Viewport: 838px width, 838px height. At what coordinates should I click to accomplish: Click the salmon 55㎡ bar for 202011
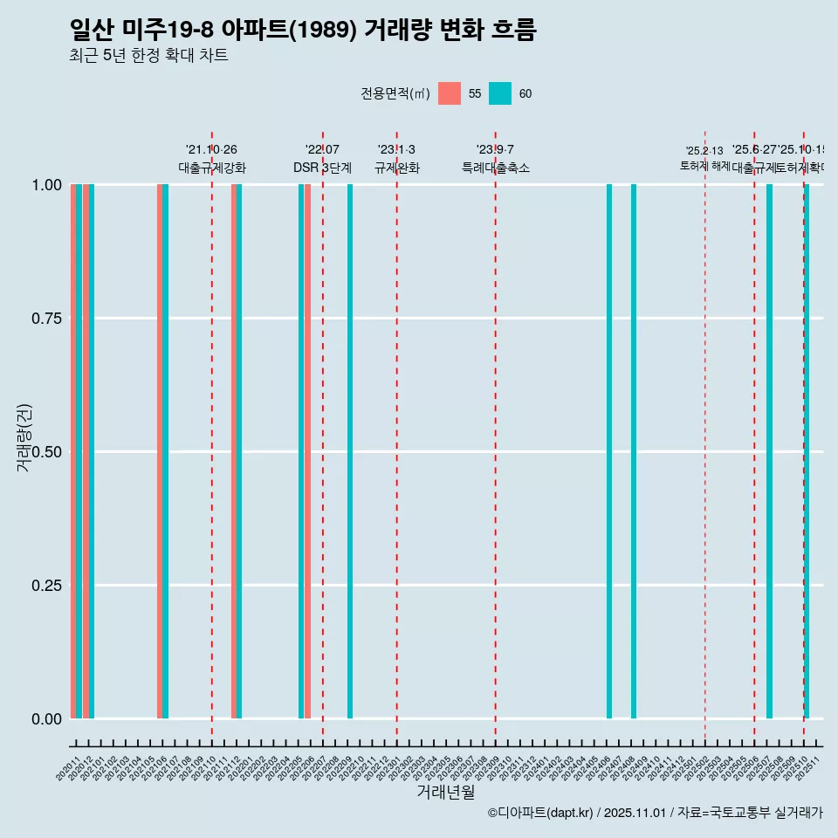tap(73, 451)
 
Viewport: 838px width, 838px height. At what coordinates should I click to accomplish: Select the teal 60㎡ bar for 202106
tap(166, 451)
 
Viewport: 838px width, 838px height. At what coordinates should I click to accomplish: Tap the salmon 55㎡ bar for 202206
tap(308, 451)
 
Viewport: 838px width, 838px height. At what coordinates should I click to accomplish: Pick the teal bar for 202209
tap(350, 451)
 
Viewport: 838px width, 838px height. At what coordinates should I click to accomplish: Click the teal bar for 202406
tap(609, 451)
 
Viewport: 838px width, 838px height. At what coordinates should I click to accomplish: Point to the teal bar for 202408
tap(634, 451)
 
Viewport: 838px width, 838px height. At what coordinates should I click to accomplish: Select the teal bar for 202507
tap(769, 451)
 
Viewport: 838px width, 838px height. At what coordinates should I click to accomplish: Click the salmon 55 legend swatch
tap(450, 93)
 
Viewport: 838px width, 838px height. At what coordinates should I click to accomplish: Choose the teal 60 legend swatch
tap(500, 93)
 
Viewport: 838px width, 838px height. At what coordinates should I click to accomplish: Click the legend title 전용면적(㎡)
tap(395, 93)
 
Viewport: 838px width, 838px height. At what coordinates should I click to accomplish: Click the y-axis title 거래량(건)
tap(24, 438)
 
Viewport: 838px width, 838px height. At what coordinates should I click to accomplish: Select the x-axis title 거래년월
tap(446, 792)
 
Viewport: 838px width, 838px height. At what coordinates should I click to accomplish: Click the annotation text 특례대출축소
tap(496, 168)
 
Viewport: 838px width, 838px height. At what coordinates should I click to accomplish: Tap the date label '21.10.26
tap(211, 149)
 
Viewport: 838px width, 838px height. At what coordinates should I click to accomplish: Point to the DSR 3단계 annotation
tap(322, 168)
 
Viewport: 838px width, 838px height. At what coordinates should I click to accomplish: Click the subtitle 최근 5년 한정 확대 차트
tap(148, 56)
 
